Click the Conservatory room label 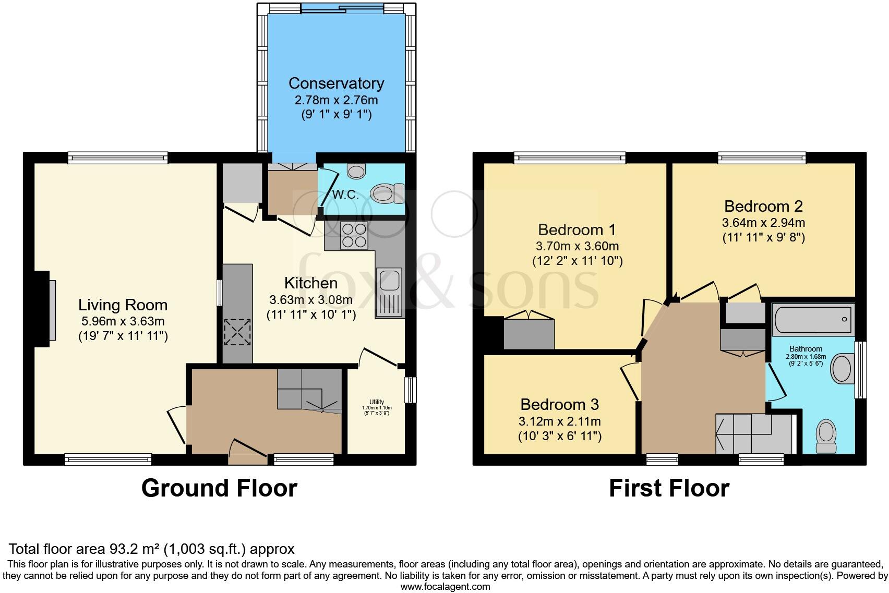coord(336,83)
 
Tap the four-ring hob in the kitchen coord(354,235)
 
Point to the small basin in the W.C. coord(357,171)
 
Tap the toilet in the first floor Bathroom coord(826,437)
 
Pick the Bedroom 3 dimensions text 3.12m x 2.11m coord(559,421)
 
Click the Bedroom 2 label coord(763,206)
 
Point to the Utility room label coord(377,402)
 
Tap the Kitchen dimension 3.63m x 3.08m coord(311,300)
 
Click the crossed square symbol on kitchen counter coord(237,332)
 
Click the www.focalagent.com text coord(445,587)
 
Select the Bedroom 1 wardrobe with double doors coord(528,333)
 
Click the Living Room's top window coord(117,158)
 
